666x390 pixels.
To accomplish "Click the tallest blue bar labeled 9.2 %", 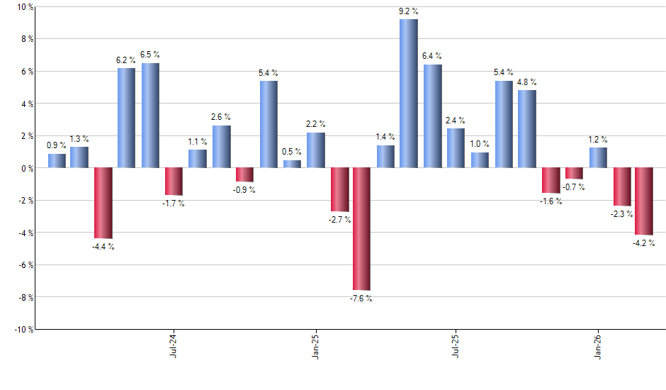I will (x=409, y=94).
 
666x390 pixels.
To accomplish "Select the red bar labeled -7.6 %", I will (x=362, y=229).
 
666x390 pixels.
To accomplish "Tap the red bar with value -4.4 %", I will (x=103, y=204).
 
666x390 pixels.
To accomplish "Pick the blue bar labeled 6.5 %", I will (x=150, y=116).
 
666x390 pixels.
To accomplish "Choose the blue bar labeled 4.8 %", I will (x=527, y=129).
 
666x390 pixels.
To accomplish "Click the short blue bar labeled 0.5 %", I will (x=292, y=165).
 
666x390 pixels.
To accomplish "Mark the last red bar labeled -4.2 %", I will (x=644, y=201).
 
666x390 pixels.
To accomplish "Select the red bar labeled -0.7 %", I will (x=574, y=174).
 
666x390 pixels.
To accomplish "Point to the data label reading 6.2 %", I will (x=126, y=61).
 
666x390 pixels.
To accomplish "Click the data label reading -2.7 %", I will (x=339, y=221).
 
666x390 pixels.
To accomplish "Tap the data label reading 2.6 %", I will (x=221, y=117).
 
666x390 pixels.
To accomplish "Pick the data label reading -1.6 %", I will (x=551, y=201).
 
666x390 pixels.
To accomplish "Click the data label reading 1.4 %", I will (x=386, y=137).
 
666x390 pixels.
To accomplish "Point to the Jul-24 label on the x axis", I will (x=174, y=345).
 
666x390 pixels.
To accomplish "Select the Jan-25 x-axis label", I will (x=315, y=345).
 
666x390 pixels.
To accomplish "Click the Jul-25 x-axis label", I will (x=455, y=345).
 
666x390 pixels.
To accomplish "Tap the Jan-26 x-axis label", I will (x=597, y=345).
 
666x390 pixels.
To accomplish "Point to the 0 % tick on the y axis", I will (x=26, y=168).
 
